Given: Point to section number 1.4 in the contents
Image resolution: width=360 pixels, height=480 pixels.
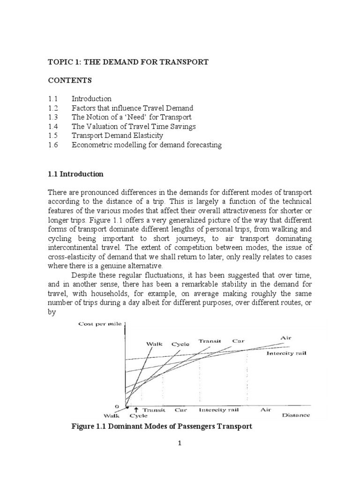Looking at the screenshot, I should (52, 127).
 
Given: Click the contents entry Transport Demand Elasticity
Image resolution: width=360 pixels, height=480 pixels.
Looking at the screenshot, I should (117, 136).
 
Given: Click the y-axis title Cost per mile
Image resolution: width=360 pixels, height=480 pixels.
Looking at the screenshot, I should (100, 325).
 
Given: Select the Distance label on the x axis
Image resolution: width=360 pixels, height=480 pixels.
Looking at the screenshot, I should (295, 415).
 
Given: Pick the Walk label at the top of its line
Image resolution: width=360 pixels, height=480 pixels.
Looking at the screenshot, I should (154, 344).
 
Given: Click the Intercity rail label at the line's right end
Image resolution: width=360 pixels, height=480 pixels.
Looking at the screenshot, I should (286, 353).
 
